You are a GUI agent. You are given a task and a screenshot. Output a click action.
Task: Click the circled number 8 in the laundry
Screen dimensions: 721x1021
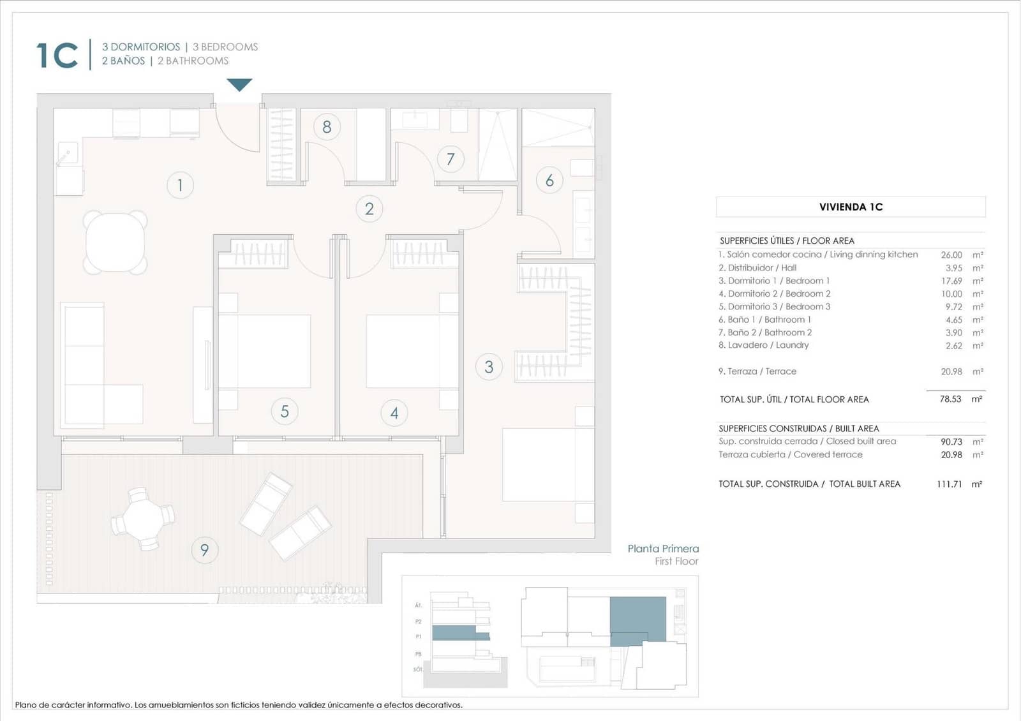click(327, 127)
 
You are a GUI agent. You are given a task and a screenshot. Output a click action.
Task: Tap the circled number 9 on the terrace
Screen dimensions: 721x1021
click(204, 549)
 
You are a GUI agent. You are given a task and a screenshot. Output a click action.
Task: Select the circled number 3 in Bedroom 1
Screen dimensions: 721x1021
click(489, 367)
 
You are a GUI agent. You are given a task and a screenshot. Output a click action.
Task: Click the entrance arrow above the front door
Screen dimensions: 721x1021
click(239, 84)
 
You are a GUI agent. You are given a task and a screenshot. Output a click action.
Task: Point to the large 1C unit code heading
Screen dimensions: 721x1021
click(57, 55)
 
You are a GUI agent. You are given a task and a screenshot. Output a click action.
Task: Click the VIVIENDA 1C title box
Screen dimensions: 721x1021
click(851, 207)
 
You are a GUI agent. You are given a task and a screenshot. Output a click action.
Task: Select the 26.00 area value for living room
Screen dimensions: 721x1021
click(951, 255)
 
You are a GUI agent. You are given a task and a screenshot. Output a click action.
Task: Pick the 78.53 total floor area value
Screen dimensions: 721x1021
click(950, 399)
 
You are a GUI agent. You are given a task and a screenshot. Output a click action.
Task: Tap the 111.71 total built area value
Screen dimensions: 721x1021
click(949, 484)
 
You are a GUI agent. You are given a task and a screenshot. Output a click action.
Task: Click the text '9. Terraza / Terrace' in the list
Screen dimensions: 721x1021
click(757, 371)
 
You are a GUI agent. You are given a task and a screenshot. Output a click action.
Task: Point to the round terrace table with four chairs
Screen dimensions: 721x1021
click(143, 519)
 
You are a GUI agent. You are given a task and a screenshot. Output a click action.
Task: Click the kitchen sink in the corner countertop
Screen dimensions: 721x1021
click(67, 152)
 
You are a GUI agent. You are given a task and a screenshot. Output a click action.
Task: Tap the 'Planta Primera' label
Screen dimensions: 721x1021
click(663, 549)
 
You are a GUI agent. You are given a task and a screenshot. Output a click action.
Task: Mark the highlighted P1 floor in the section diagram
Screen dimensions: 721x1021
click(454, 633)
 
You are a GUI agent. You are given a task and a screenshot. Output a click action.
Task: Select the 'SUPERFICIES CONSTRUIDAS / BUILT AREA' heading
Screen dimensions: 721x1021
click(798, 429)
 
